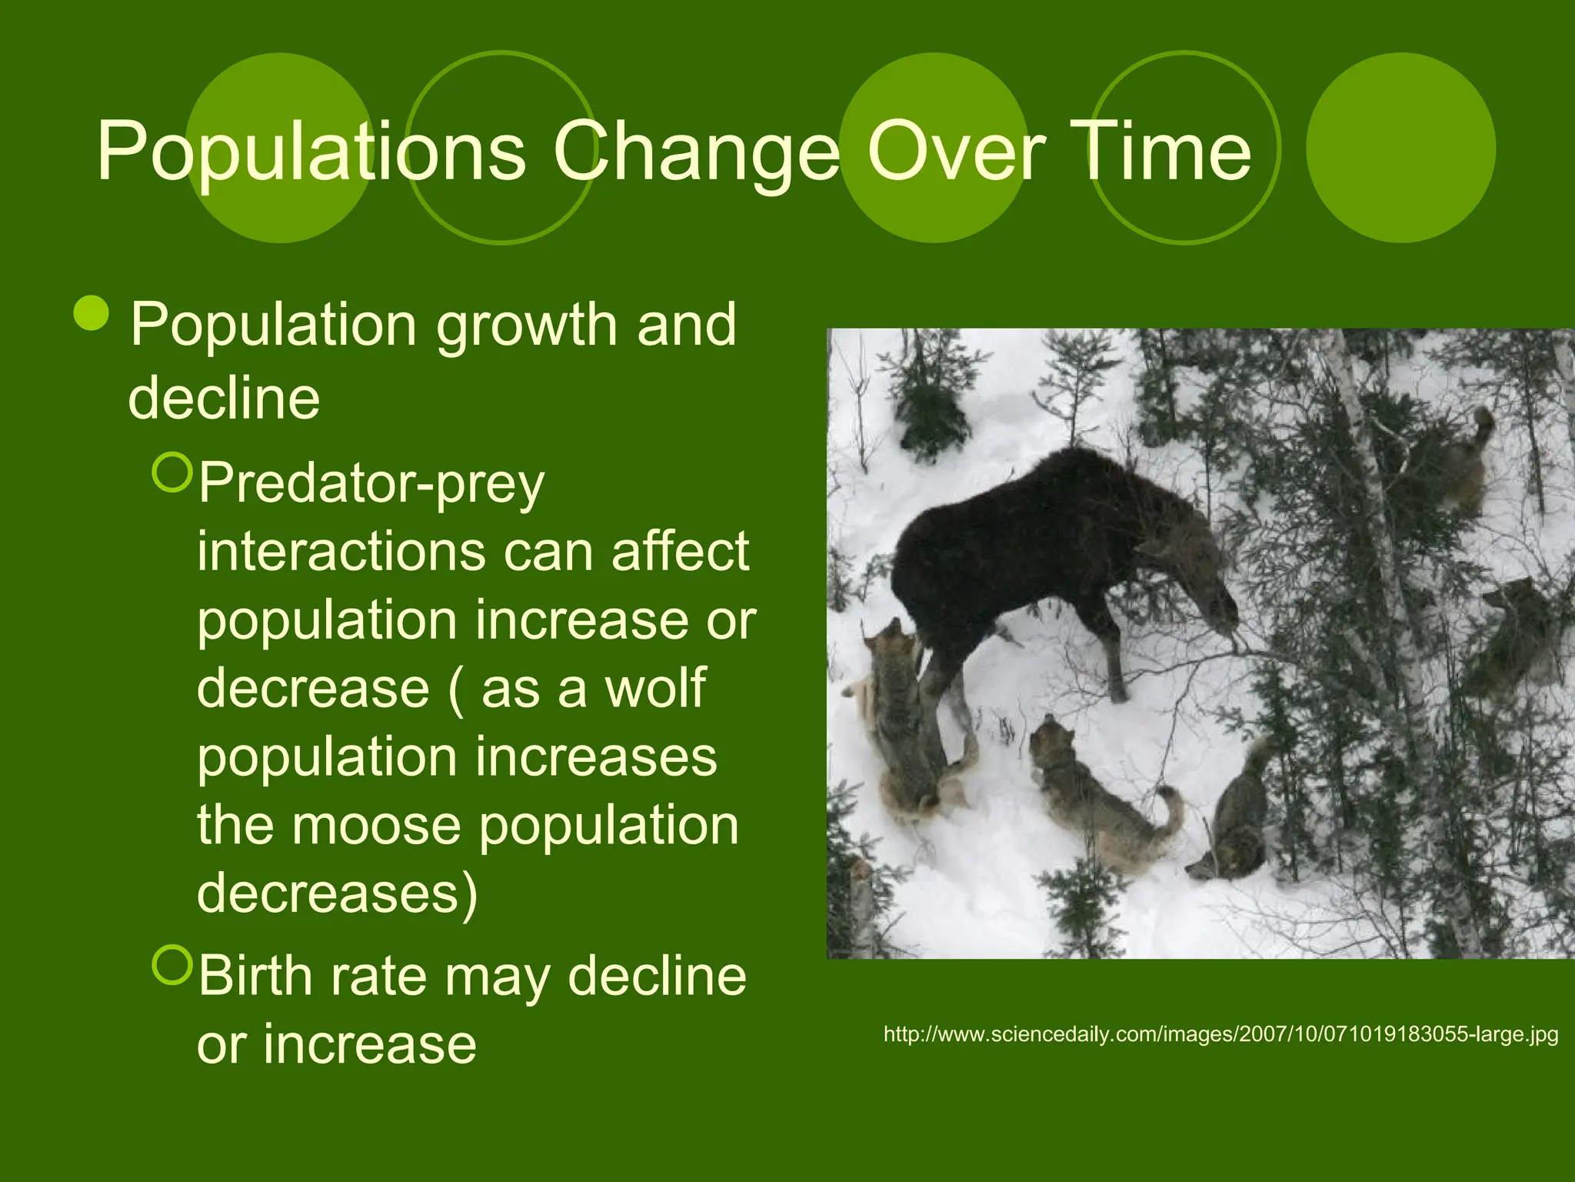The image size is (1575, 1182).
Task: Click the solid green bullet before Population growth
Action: (92, 312)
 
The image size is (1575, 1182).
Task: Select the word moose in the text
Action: (376, 824)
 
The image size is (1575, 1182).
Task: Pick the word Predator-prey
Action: (371, 485)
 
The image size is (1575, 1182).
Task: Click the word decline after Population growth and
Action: (224, 398)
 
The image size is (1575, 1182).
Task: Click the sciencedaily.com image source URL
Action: (1220, 1033)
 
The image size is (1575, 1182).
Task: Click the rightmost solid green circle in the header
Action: (1400, 148)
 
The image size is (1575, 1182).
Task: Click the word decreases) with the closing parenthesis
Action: (337, 893)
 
